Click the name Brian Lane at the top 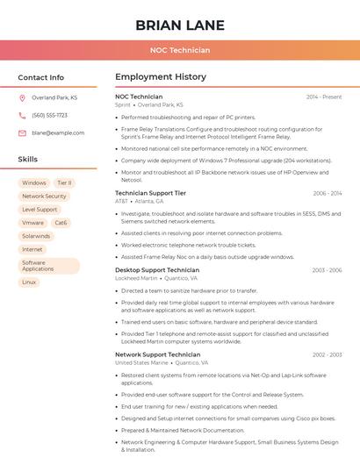point(180,25)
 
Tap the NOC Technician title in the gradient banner point(180,51)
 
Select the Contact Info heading point(41,77)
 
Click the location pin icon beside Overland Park point(22,98)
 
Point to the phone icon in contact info point(22,116)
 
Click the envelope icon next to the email point(22,133)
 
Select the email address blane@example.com point(58,133)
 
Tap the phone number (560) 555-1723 point(49,116)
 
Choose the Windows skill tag point(34,183)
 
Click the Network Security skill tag point(44,197)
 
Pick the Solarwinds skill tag point(37,236)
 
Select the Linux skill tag point(29,283)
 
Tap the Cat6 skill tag point(61,223)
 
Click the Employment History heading point(161,77)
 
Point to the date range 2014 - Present point(324,97)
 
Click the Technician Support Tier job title point(150,193)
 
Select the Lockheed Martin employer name point(136,278)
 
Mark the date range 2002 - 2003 point(327,354)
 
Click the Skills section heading point(28,160)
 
